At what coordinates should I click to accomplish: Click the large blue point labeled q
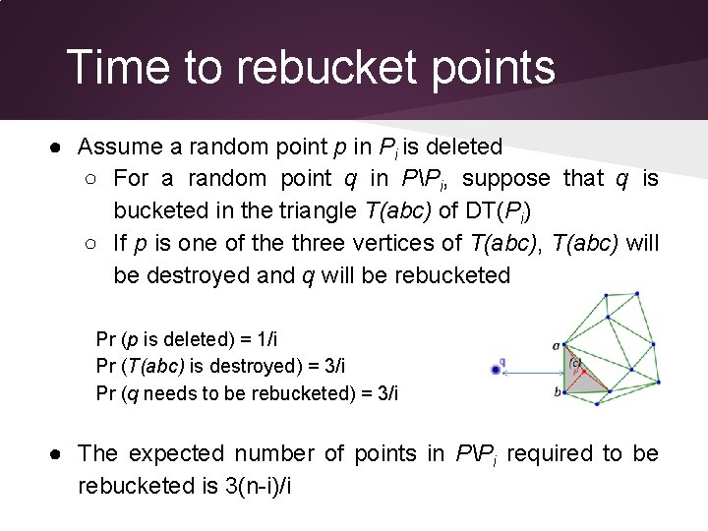(496, 370)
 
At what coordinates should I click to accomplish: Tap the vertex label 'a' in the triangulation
(557, 345)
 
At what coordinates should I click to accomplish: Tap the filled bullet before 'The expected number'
(60, 453)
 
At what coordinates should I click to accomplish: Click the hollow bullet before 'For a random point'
(91, 179)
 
